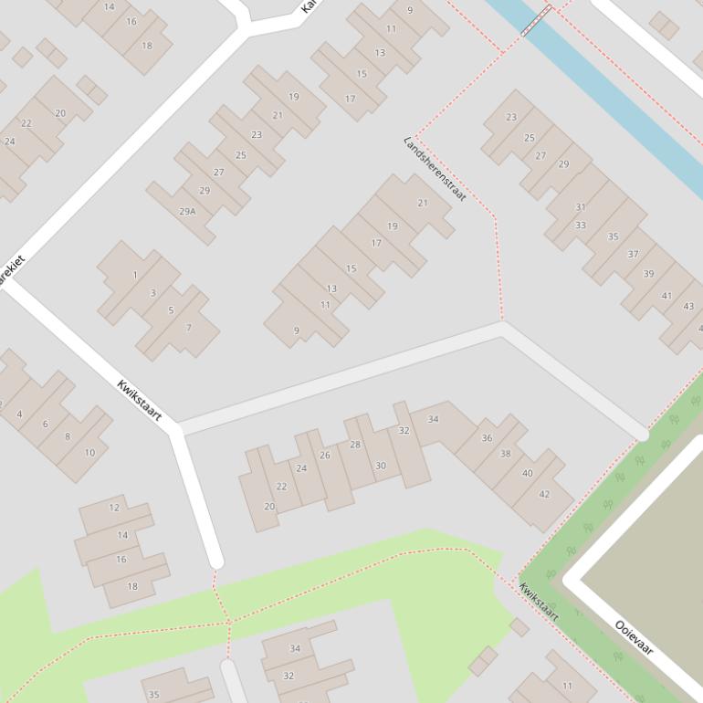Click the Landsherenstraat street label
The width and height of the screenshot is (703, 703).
tap(435, 170)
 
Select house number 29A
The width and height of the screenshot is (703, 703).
tap(187, 211)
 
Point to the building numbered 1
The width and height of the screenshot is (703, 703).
tap(135, 275)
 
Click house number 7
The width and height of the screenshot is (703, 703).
tap(171, 310)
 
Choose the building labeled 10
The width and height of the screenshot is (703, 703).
tap(89, 453)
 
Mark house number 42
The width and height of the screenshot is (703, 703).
tap(544, 494)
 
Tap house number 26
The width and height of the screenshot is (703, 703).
tap(325, 455)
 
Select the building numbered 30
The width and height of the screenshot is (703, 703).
tap(381, 466)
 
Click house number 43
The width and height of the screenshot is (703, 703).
tap(688, 307)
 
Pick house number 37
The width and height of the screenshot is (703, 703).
tap(633, 254)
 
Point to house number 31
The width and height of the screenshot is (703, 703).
tap(581, 207)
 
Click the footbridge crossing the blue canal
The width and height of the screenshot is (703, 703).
tap(537, 20)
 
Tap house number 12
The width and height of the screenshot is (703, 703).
tap(114, 508)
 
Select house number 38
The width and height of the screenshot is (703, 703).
tap(505, 454)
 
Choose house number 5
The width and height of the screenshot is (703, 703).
tap(171, 310)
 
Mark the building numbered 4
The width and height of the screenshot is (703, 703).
tap(19, 414)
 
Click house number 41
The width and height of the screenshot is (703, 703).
tap(666, 296)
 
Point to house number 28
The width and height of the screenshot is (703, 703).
tap(355, 445)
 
